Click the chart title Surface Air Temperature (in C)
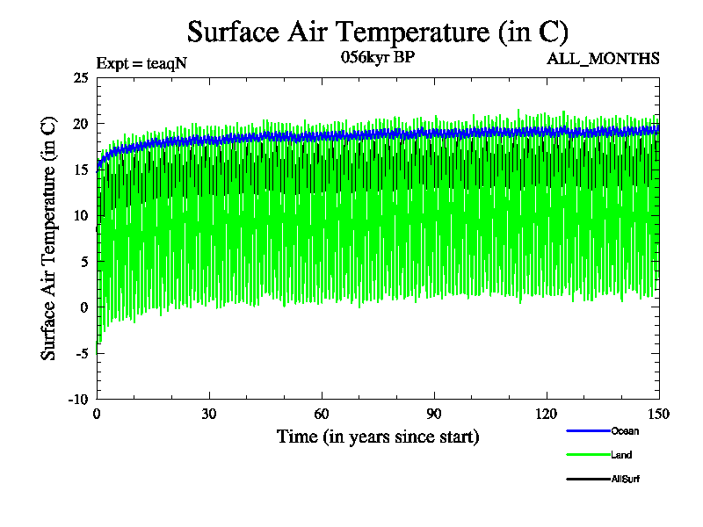click(x=378, y=32)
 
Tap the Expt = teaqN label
click(x=141, y=62)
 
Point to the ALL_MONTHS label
click(x=603, y=59)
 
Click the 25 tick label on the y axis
click(x=80, y=77)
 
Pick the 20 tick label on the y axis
click(x=80, y=123)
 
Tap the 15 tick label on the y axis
click(x=80, y=170)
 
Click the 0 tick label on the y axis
click(x=83, y=307)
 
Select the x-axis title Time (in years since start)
click(x=378, y=437)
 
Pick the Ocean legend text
click(x=625, y=431)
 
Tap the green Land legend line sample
click(x=588, y=455)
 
